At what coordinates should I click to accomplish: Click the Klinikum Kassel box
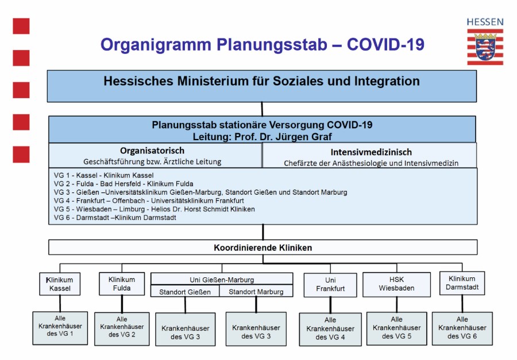(x=60, y=284)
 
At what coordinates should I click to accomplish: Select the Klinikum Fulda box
(x=122, y=284)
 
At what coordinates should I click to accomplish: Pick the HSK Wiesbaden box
(x=396, y=284)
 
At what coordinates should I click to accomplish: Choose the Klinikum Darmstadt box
(x=462, y=282)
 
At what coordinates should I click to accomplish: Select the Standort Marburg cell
(x=256, y=292)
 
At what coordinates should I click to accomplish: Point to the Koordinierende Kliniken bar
(x=263, y=247)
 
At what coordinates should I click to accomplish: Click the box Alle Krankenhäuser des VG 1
(x=60, y=328)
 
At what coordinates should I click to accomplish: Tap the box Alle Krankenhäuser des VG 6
(x=462, y=328)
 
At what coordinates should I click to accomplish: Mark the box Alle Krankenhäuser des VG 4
(x=330, y=328)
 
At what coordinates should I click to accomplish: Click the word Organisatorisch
(x=152, y=150)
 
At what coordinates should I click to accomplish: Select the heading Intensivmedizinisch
(x=371, y=152)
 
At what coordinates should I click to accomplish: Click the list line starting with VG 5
(x=155, y=209)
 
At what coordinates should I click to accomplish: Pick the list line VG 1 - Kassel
(x=104, y=175)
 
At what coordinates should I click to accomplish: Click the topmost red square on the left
(x=21, y=26)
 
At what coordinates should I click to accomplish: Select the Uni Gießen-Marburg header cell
(x=222, y=280)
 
